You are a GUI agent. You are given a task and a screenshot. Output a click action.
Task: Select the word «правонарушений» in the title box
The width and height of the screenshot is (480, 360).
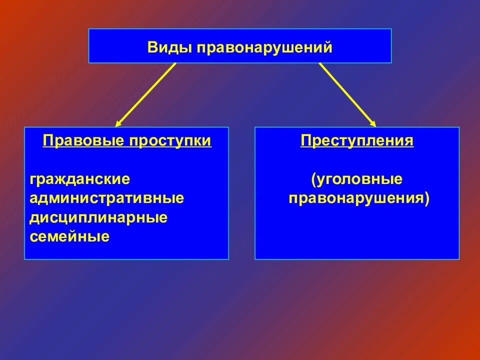pos(264,48)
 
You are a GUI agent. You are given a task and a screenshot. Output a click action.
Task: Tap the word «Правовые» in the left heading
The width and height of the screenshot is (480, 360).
pos(83,141)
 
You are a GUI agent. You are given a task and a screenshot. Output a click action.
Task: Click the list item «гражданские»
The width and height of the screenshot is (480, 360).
pos(80,179)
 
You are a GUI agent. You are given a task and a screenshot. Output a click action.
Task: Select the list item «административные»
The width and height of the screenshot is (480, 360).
pos(107,198)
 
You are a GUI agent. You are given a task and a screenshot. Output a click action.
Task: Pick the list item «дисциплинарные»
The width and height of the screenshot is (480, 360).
pos(98,217)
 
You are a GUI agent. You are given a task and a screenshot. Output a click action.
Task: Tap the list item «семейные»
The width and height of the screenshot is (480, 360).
pos(69,236)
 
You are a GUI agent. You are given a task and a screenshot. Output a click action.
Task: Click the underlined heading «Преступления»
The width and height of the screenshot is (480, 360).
pos(357,141)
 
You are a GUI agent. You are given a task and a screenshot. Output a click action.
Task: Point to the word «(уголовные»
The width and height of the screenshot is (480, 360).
pos(356,179)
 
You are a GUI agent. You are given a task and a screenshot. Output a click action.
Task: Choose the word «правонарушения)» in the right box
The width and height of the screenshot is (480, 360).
pos(359,198)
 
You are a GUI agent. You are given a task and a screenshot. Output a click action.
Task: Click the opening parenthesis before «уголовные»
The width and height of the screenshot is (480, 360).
pos(313,179)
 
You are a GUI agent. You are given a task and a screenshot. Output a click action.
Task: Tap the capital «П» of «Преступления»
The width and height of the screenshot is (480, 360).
pos(305,141)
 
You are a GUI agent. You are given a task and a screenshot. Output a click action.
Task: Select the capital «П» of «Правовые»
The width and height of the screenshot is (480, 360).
pos(47,141)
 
